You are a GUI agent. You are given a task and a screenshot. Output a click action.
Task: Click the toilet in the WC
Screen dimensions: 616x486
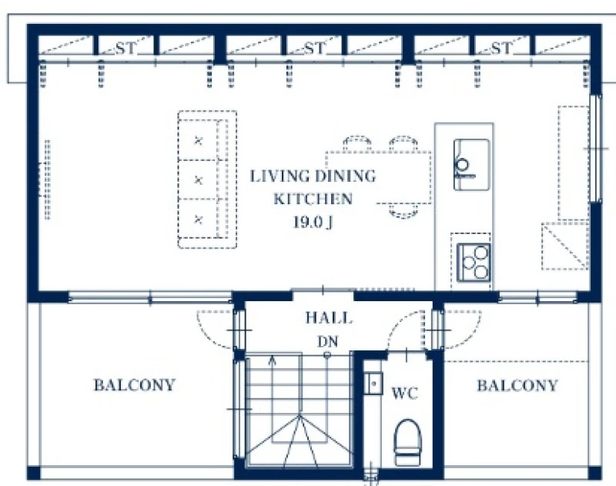pos(407,442)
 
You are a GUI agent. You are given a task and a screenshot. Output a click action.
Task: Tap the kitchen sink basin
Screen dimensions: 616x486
pos(471,165)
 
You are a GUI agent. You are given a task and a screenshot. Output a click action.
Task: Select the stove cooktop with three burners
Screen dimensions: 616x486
pos(474,263)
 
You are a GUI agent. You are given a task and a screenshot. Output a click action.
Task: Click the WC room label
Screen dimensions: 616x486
pos(405,394)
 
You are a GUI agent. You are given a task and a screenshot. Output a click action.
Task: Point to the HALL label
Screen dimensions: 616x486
pos(329,318)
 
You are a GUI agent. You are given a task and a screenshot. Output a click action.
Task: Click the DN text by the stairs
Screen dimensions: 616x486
pos(328,341)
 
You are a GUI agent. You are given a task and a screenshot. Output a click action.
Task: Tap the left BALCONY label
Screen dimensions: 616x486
pos(134,384)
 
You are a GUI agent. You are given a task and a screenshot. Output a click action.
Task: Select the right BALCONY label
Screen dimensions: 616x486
pos(517,385)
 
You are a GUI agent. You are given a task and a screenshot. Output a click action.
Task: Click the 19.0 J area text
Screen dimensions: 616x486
pos(313,222)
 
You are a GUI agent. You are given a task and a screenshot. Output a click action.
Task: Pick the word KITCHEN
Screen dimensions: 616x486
pos(313,199)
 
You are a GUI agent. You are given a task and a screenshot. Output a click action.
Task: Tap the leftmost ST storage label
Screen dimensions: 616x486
pos(126,49)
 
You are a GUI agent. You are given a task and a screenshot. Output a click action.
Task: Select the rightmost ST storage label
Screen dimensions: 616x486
pos(502,49)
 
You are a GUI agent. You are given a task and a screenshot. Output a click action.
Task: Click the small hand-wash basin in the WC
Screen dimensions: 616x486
pos(373,383)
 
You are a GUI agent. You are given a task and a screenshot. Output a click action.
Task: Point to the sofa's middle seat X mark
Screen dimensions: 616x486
pos(199,180)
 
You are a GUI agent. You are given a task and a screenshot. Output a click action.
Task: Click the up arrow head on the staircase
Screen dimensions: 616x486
pos(272,359)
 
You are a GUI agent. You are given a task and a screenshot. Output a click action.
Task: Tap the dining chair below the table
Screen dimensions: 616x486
pos(403,210)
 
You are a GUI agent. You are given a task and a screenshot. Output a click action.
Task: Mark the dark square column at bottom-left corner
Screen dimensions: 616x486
pos(33,473)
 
